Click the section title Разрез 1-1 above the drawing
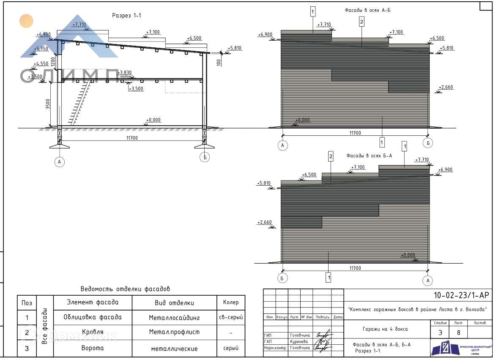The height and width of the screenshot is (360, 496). (x=126, y=16)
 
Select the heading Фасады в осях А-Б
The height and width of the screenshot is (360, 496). (x=367, y=10)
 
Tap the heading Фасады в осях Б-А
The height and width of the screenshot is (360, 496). (x=369, y=156)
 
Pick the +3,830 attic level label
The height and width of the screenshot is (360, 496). (x=125, y=72)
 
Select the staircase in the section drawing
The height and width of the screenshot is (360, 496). (x=80, y=103)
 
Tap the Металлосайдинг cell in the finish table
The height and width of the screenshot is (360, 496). (x=174, y=318)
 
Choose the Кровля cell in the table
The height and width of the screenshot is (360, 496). (x=93, y=333)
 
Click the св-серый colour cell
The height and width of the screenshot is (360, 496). (x=230, y=318)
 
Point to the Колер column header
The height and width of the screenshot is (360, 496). (x=230, y=302)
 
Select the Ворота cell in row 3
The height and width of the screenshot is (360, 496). (x=93, y=348)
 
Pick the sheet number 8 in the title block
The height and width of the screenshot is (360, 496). (x=459, y=333)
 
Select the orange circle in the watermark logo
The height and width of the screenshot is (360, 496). (x=26, y=21)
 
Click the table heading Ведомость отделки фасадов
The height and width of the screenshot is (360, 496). (x=125, y=289)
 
